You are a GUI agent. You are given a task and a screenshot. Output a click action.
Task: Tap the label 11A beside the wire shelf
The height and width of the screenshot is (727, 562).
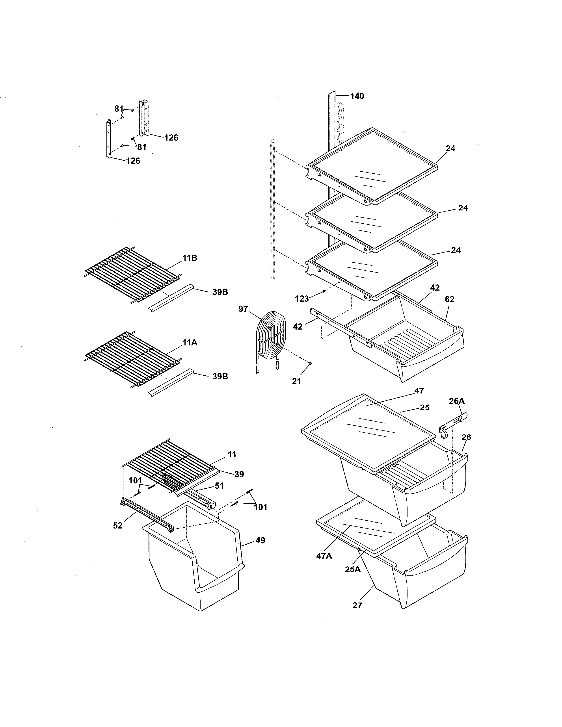coord(190,343)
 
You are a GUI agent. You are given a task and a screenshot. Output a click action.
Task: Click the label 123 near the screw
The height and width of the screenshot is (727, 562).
coord(302,299)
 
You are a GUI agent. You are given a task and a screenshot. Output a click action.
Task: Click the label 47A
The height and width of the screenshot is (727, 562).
coord(324,556)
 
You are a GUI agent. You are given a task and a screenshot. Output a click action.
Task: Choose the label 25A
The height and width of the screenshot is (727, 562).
coord(353,569)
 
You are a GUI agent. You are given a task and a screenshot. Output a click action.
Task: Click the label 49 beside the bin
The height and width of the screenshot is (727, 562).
coord(260,541)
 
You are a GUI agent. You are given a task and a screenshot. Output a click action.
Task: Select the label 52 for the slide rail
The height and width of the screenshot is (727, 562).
coord(117,526)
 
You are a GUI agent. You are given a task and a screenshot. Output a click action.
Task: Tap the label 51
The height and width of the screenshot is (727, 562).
coord(219,486)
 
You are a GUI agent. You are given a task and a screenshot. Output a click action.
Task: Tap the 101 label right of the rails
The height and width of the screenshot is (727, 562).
coord(260,507)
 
